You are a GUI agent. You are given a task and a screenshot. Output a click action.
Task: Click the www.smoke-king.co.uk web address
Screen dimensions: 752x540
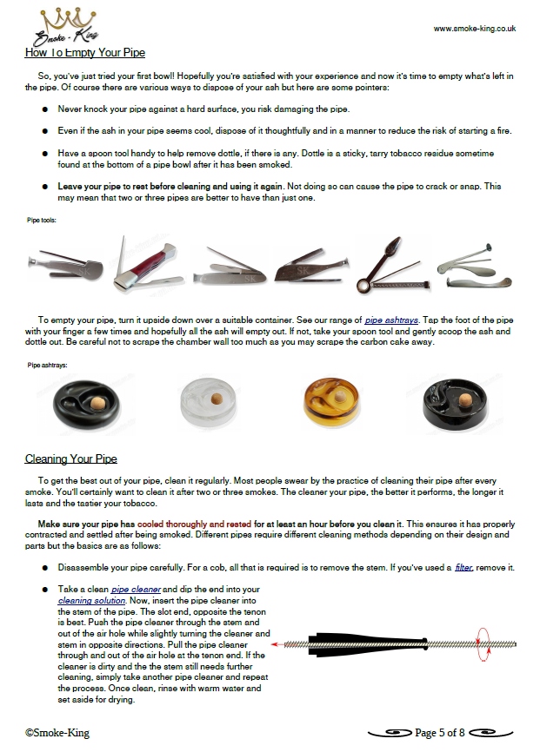click(x=475, y=28)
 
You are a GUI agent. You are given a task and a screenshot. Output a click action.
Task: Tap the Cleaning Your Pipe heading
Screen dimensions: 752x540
click(x=71, y=458)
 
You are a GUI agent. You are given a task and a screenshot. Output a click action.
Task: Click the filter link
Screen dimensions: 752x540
click(x=463, y=567)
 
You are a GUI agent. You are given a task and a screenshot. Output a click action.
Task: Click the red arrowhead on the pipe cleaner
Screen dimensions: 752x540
click(x=276, y=645)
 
